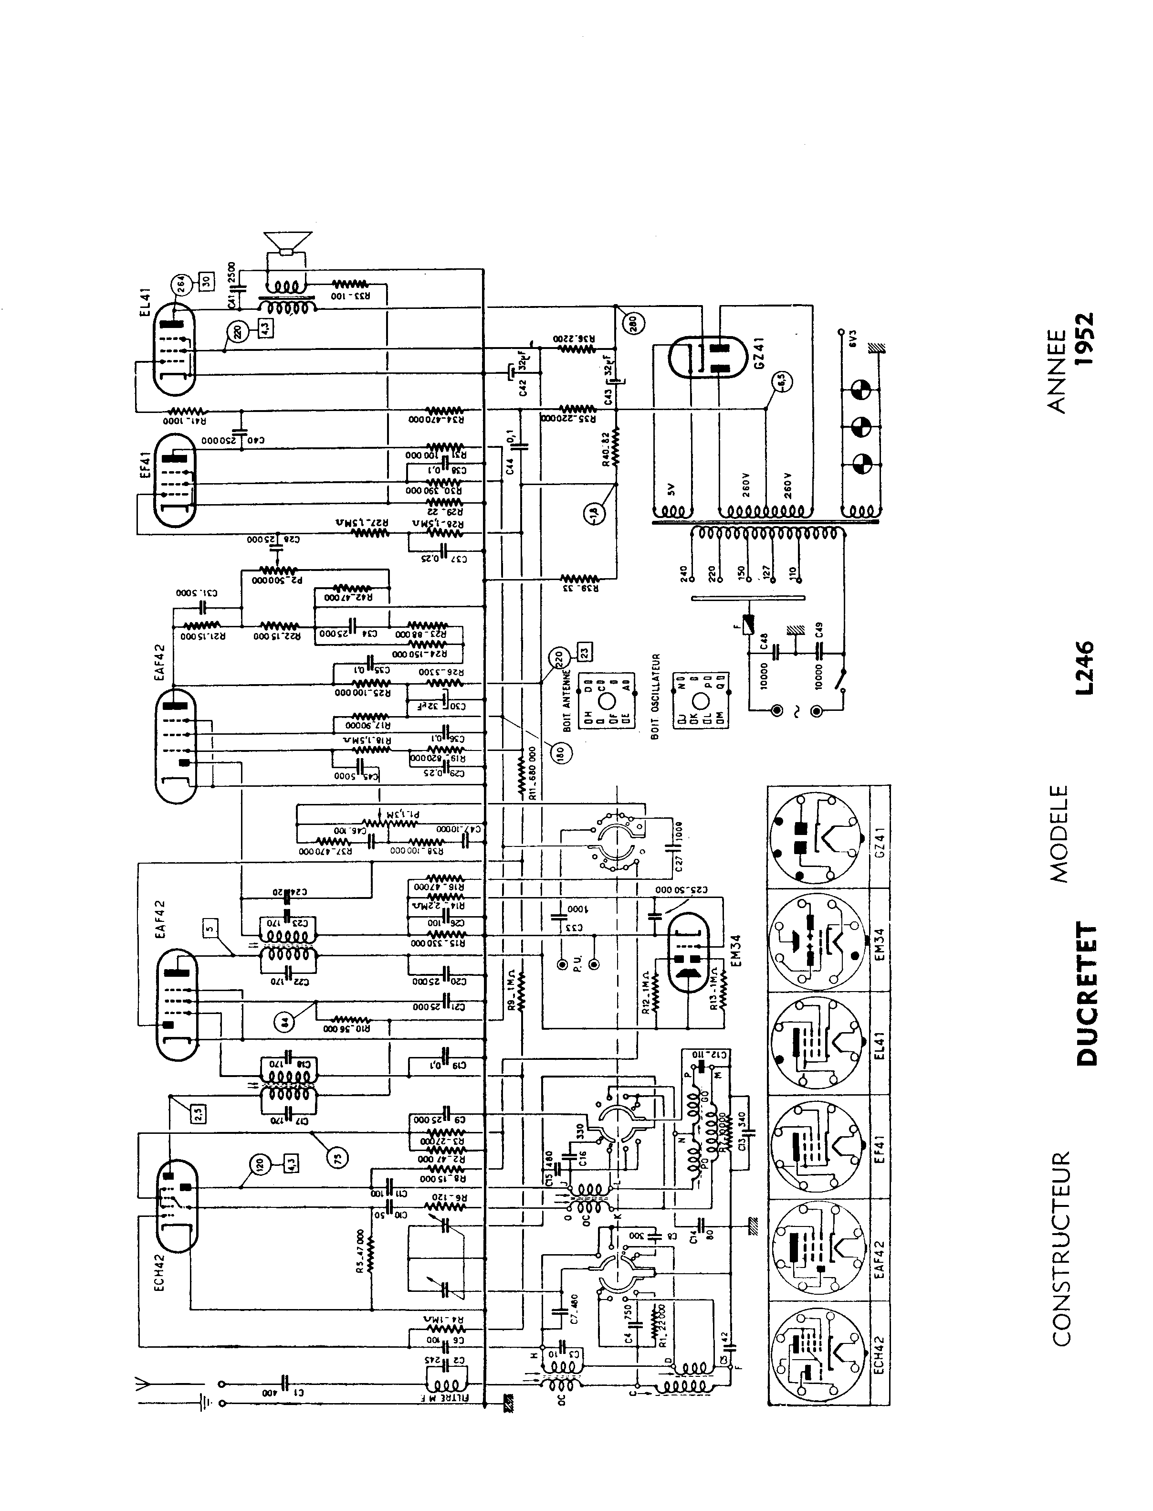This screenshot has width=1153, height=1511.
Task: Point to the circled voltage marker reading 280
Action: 631,323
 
